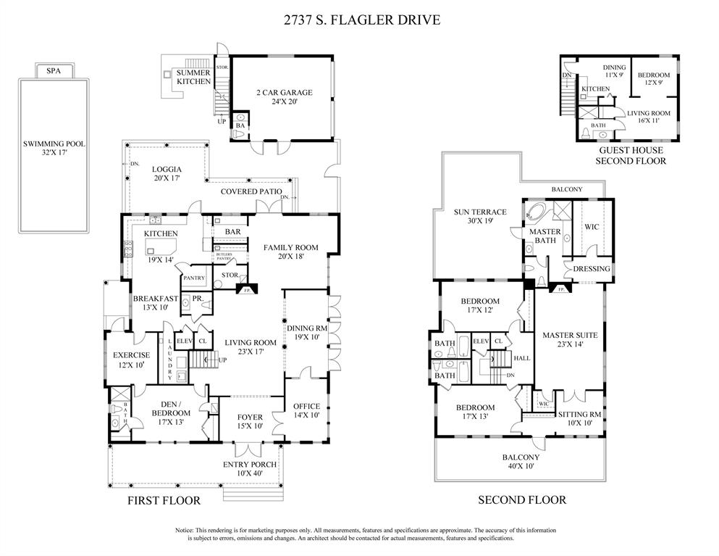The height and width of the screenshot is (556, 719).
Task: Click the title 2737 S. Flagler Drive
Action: click(x=359, y=20)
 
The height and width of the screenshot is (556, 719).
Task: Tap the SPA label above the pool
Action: click(x=54, y=71)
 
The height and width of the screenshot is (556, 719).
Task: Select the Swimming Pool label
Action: click(x=54, y=144)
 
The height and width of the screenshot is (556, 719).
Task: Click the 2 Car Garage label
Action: click(x=284, y=93)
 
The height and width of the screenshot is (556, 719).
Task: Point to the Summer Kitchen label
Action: click(x=194, y=77)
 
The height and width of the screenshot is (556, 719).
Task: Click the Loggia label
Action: click(x=166, y=169)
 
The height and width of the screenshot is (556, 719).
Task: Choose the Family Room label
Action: click(x=290, y=247)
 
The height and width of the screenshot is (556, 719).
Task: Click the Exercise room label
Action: click(x=131, y=355)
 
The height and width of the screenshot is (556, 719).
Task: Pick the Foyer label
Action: click(x=251, y=418)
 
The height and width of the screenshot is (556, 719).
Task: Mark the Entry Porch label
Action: click(x=249, y=465)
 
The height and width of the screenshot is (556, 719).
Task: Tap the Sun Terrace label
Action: click(x=479, y=212)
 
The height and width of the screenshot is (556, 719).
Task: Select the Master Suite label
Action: click(x=570, y=335)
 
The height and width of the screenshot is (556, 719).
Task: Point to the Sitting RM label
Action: click(x=579, y=414)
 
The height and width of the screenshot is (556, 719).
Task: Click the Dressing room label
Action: click(x=592, y=268)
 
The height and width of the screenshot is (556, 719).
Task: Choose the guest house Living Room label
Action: click(x=648, y=113)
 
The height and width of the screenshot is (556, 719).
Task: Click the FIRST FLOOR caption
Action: click(x=164, y=500)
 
